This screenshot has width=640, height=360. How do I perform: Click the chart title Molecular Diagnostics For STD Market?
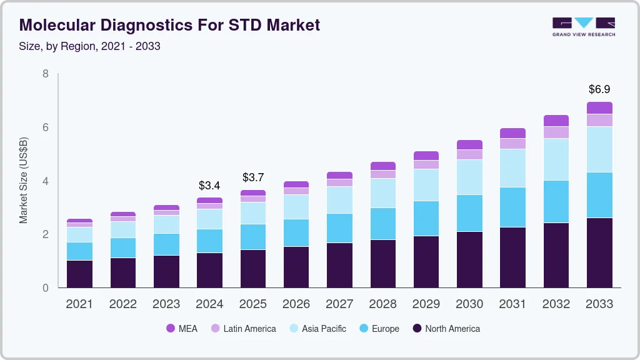169,25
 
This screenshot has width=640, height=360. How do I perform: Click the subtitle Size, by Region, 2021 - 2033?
90,46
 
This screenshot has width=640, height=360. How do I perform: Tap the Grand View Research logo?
583,27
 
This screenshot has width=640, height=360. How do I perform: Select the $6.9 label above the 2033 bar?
599,89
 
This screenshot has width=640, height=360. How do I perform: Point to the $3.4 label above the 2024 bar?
209,186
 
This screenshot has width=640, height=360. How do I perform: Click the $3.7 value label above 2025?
253,178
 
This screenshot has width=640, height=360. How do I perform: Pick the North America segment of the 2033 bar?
599,252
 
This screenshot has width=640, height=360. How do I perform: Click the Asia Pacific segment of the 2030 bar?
469,177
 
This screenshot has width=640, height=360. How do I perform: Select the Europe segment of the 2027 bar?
339,228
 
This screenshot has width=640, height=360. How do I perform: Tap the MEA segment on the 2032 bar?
556,121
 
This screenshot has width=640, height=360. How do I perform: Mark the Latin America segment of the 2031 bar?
512,143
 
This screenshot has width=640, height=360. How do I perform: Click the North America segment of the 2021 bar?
79,274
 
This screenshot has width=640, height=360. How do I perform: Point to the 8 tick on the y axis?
46,74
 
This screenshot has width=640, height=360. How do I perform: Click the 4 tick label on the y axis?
46,181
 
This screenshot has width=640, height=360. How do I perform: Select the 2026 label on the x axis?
296,304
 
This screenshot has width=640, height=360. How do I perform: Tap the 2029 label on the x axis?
426,304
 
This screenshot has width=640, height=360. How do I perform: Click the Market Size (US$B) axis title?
24,180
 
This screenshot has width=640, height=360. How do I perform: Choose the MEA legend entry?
182,329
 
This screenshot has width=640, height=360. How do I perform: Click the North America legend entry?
446,329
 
